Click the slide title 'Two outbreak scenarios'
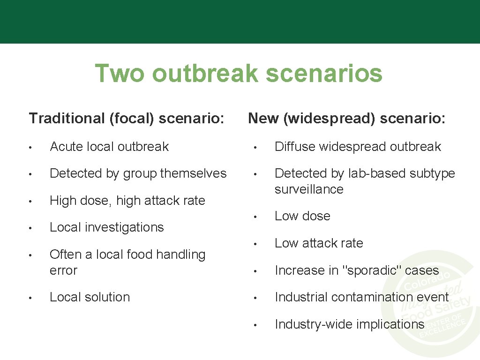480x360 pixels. [239, 74]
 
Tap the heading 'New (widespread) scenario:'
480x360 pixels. [346, 119]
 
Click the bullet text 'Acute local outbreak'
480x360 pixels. [109, 147]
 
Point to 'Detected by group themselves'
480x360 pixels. [138, 173]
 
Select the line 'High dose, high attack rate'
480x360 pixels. [127, 201]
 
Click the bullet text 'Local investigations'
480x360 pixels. [106, 227]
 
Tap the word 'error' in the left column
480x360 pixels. [63, 270]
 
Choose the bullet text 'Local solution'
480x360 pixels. [90, 297]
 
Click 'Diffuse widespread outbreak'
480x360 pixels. [357, 147]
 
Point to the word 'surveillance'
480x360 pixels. [309, 189]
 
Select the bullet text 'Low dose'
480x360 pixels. [302, 216]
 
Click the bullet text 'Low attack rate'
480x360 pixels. [319, 243]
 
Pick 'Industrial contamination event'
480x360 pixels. [361, 297]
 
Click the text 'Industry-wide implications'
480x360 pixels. [349, 324]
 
